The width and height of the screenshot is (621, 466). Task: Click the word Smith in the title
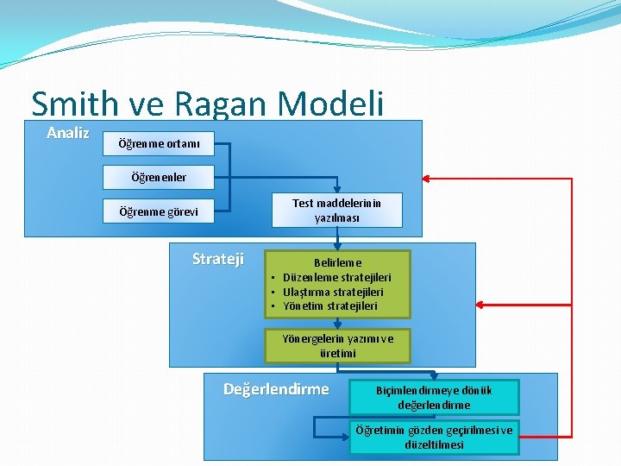(x=73, y=104)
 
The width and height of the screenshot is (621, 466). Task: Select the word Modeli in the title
(x=331, y=104)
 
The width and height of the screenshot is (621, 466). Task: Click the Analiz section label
(x=67, y=133)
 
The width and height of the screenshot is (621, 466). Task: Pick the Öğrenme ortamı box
(x=159, y=143)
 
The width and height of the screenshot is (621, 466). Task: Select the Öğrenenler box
(x=159, y=177)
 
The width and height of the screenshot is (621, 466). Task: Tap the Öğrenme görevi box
(x=159, y=211)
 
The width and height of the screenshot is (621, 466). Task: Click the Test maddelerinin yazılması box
(x=336, y=210)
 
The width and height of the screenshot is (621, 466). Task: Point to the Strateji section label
(x=217, y=259)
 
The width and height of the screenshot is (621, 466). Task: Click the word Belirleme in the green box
(x=337, y=261)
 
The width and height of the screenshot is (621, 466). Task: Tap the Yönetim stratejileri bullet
(x=329, y=305)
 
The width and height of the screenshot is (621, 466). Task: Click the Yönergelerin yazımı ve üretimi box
(x=337, y=345)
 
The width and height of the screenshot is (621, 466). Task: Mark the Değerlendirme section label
(x=276, y=389)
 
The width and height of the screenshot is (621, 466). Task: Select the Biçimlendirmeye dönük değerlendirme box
(x=434, y=397)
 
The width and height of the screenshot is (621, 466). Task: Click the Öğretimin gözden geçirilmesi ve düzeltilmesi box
(x=434, y=437)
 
